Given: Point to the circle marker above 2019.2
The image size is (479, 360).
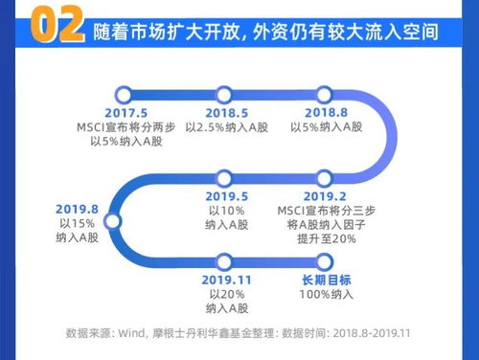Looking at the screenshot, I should (x=329, y=177).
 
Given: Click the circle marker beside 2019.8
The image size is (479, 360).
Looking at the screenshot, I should (x=111, y=220).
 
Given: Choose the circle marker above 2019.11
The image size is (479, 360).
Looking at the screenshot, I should (x=226, y=259).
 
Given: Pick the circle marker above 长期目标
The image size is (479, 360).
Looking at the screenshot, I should (x=329, y=259).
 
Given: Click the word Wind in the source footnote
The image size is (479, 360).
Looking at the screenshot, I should (x=129, y=334).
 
